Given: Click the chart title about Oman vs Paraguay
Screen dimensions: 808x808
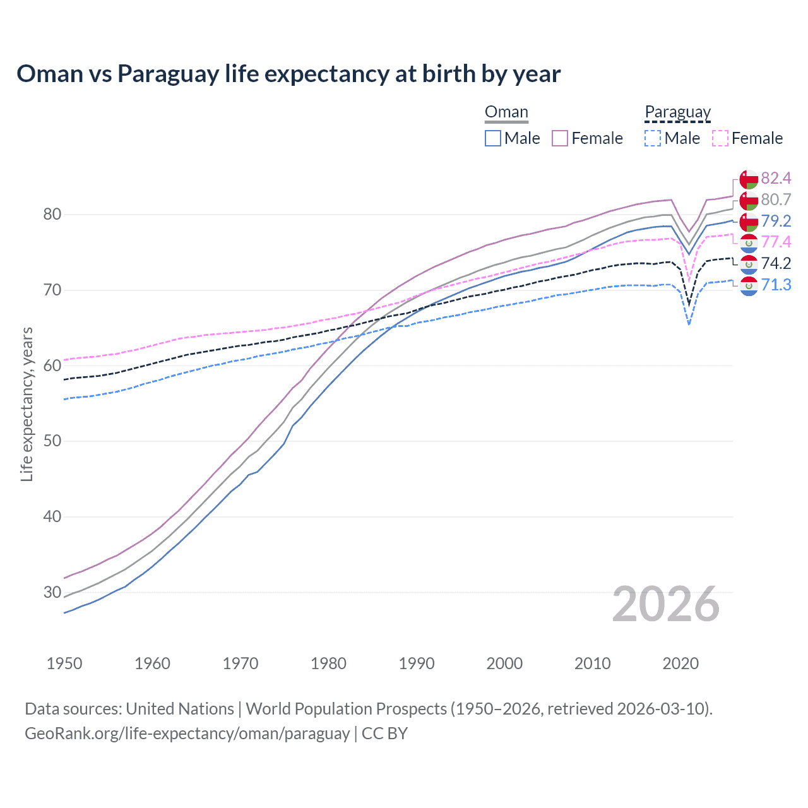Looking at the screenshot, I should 288,74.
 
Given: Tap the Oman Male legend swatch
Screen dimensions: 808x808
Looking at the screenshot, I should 493,138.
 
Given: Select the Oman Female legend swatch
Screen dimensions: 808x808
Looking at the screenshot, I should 560,138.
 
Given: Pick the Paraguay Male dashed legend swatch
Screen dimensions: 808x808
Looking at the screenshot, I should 653,138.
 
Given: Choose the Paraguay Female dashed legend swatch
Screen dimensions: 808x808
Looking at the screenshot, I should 720,138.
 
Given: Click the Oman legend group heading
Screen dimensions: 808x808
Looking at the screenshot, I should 506,112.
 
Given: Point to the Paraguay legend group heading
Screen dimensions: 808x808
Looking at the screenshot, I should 677,112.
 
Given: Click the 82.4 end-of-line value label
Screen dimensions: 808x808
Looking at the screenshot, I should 776,178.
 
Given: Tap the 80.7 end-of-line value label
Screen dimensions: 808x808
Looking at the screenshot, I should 776,199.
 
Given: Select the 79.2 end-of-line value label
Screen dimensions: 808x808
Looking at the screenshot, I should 776,221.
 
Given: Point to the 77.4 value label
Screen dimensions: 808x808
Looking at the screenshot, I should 776,242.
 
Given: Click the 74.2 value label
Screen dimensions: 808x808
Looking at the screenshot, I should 776,263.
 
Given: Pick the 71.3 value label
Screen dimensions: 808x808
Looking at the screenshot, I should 776,285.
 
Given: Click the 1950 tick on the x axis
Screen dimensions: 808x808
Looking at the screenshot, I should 64,663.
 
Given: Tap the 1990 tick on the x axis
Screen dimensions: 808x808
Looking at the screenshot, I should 417,663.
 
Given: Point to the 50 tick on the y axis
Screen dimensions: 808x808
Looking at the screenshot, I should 52,441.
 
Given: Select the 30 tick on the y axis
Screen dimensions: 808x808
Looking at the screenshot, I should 52,592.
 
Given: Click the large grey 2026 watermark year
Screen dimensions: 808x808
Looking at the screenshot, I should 666,604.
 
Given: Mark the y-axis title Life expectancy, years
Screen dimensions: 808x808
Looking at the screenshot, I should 27,404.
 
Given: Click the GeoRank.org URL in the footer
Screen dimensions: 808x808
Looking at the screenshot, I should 187,734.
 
